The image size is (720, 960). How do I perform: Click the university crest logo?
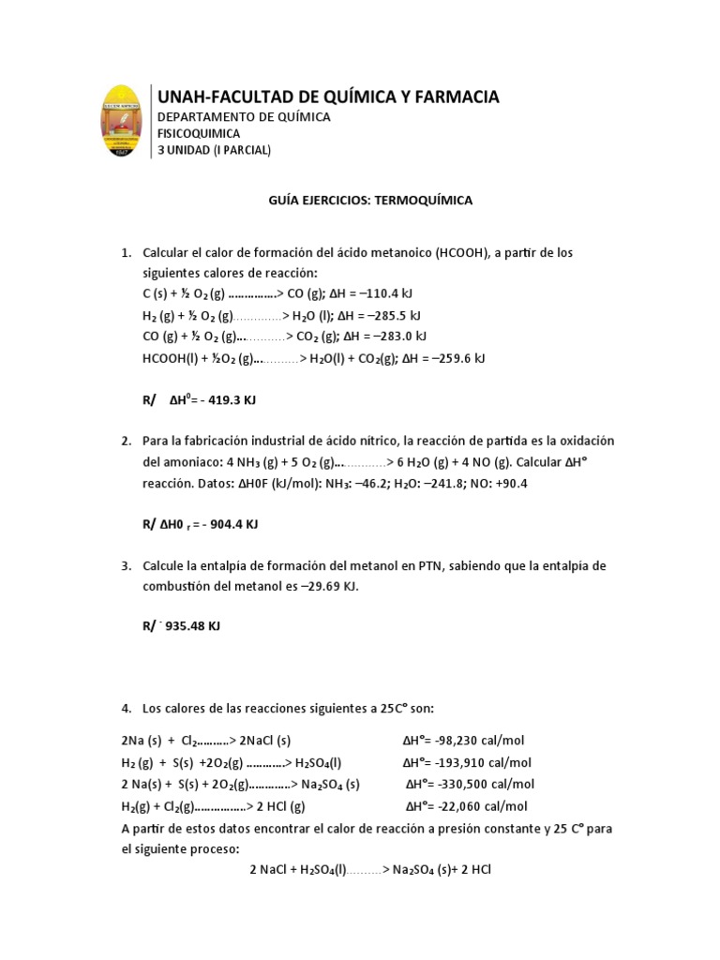coord(123,121)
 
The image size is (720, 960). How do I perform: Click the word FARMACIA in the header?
coord(454,97)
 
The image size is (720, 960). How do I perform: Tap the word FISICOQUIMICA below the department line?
coord(198,133)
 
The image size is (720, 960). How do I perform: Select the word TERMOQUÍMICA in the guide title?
coord(427,201)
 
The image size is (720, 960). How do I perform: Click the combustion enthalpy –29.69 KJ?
coord(323,586)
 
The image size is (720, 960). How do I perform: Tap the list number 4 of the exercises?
coord(127,706)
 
